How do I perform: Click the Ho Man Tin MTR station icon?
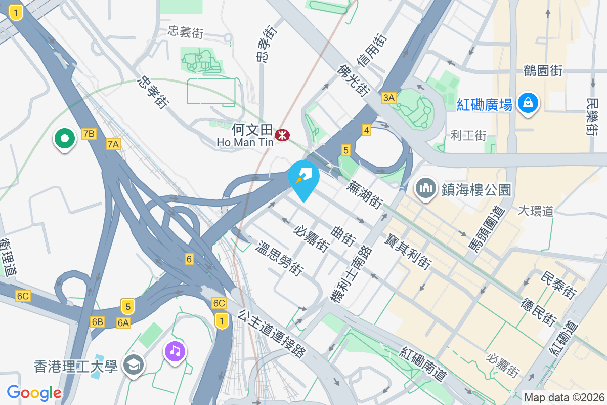(282, 135)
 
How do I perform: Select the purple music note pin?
(175, 350)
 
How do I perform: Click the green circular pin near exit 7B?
(65, 138)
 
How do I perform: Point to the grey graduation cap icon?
(134, 365)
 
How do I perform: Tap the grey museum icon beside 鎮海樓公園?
(426, 188)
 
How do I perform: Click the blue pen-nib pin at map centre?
(303, 177)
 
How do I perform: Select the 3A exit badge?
(388, 98)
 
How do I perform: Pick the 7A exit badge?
(113, 145)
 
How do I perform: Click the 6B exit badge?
(98, 322)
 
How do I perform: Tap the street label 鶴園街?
(543, 71)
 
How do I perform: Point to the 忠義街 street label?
(186, 33)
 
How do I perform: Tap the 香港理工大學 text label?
(76, 366)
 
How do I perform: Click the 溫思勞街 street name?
(280, 259)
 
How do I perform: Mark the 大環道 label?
(536, 211)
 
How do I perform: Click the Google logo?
(34, 393)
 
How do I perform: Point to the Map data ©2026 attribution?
(564, 397)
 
